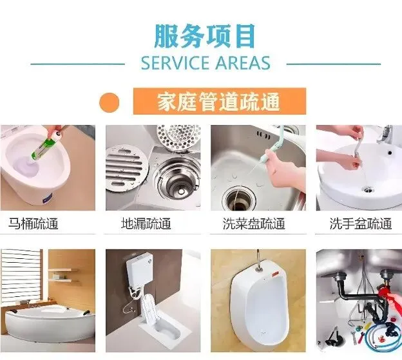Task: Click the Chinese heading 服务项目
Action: tap(205, 36)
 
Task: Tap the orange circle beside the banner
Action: tap(110, 102)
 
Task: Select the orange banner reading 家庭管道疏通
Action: tap(220, 101)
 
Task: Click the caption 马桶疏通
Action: tap(33, 223)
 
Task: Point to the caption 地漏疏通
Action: tap(146, 223)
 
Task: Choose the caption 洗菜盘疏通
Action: tap(254, 223)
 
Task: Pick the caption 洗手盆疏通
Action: tap(361, 223)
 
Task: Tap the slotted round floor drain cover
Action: tap(126, 167)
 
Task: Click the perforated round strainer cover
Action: tap(178, 138)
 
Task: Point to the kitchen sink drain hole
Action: tap(239, 198)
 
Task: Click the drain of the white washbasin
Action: tap(368, 190)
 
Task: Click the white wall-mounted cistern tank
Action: tap(139, 269)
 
